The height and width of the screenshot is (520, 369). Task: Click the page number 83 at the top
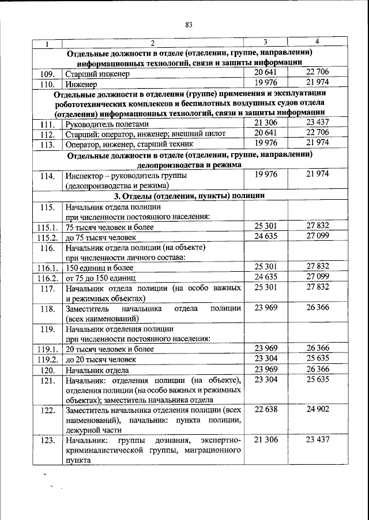189,24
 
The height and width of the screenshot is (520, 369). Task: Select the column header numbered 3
265,43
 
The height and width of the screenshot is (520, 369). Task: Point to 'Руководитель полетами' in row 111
108,124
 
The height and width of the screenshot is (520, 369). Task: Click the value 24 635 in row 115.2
266,236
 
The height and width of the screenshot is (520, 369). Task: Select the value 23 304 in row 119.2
266,358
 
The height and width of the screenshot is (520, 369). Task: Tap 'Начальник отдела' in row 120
97,370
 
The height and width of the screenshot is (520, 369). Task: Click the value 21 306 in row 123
266,440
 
